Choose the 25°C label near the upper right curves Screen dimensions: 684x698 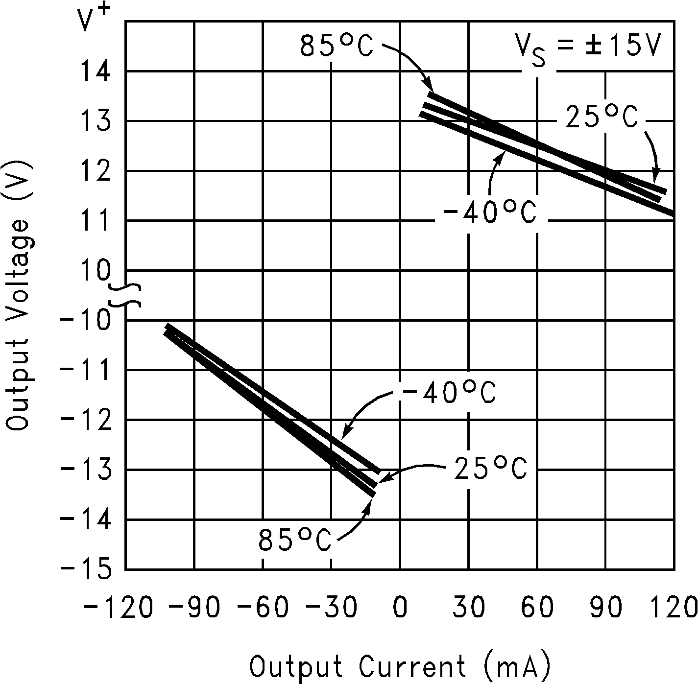602,118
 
